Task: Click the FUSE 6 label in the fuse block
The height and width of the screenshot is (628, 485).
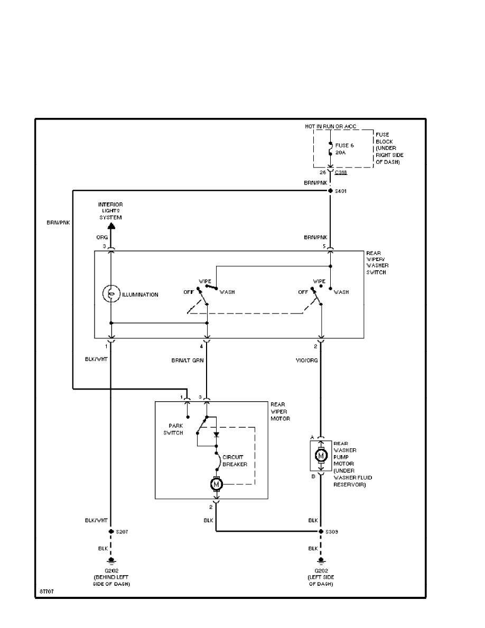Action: pos(344,144)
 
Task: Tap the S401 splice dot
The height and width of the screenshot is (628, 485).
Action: pos(330,191)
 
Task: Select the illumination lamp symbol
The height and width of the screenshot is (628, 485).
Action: pos(111,294)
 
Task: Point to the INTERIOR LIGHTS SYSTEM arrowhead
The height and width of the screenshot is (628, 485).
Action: pos(111,226)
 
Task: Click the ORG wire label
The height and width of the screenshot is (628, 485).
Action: pos(102,237)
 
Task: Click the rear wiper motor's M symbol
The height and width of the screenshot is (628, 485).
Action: pos(216,483)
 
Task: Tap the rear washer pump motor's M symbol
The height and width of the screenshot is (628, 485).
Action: pos(321,455)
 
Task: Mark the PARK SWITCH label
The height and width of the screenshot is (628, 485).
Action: pos(176,429)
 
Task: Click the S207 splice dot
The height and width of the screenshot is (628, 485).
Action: pos(111,531)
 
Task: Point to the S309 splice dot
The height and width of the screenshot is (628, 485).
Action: pos(321,531)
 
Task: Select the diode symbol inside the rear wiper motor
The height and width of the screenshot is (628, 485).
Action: pos(216,435)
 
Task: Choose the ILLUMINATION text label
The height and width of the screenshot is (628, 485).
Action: pos(140,294)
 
